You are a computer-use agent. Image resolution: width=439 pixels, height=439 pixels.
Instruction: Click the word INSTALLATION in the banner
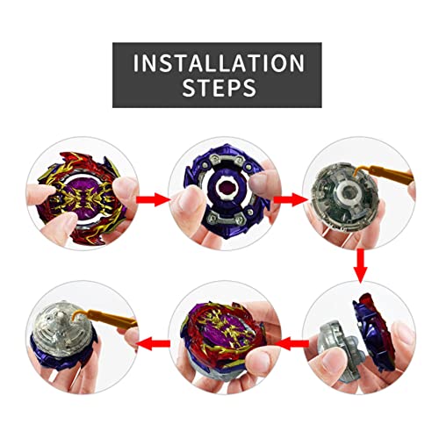pos(219,63)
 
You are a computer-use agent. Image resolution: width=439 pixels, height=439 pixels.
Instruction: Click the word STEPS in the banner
pos(219,88)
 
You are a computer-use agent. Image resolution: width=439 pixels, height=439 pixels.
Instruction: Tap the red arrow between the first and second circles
pos(153,200)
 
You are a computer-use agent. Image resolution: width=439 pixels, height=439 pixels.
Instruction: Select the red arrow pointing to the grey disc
pos(291,200)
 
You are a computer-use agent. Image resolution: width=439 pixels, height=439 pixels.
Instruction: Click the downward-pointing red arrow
pos(361,266)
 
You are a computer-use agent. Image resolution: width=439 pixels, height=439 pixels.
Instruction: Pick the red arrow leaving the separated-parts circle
pos(292,343)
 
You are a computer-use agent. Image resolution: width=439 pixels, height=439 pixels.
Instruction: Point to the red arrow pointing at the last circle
pos(154,343)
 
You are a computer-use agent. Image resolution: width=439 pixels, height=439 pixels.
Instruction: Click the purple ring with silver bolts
pos(226,191)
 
